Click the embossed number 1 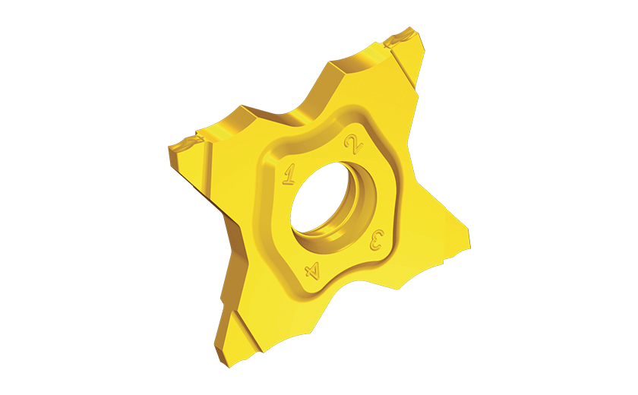click(x=289, y=174)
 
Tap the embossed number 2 click(x=354, y=144)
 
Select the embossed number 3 click(x=377, y=240)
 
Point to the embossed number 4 click(x=312, y=270)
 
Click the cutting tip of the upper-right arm click(x=403, y=36)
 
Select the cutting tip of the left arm click(x=185, y=144)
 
